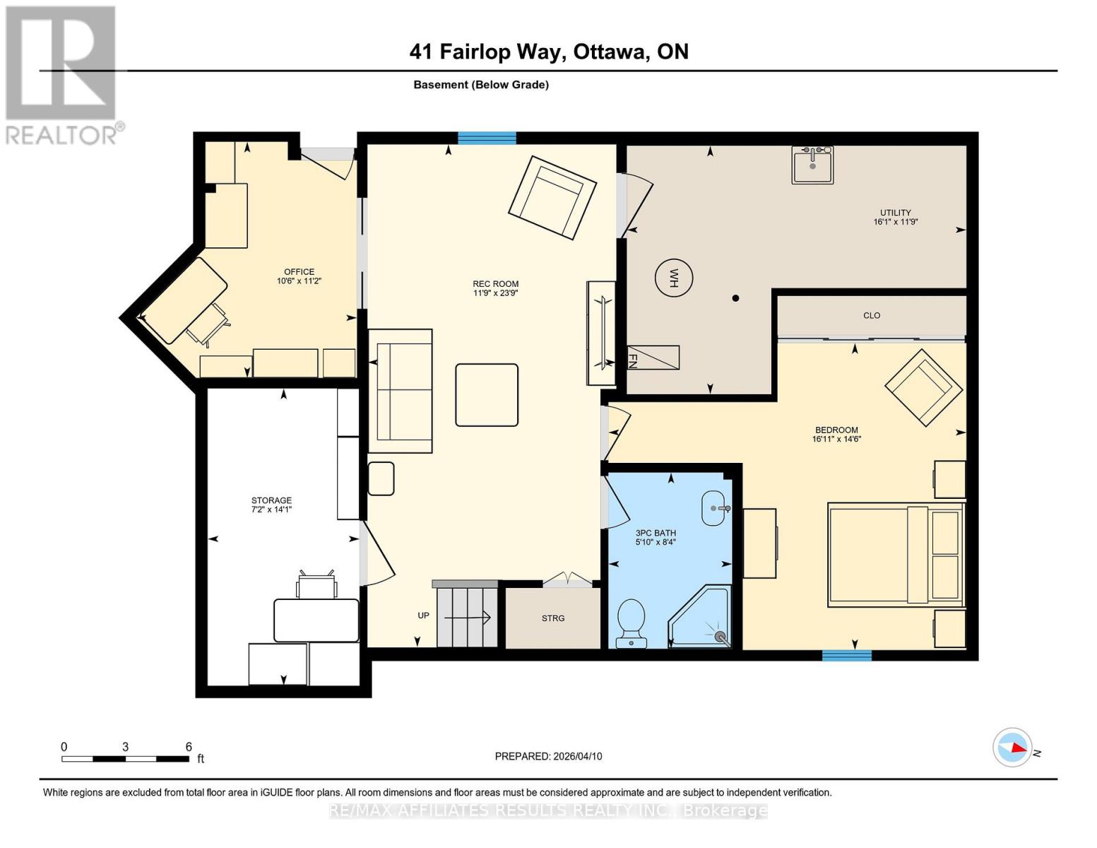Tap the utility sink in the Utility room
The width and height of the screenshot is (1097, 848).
click(812, 165)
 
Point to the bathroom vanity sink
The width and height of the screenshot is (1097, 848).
click(714, 508)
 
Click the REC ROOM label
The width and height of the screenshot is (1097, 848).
click(495, 283)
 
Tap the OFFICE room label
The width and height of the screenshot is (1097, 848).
click(299, 272)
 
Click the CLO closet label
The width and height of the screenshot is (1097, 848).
click(872, 316)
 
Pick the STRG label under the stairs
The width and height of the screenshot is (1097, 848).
click(553, 618)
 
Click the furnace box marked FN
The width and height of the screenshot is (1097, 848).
click(653, 358)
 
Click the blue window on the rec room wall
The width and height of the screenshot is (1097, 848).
click(487, 139)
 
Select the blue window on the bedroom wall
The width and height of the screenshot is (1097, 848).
click(846, 655)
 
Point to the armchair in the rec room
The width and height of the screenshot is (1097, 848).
click(552, 197)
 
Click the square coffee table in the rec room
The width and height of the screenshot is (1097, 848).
click(487, 395)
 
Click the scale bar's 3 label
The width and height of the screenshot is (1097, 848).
click(125, 747)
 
